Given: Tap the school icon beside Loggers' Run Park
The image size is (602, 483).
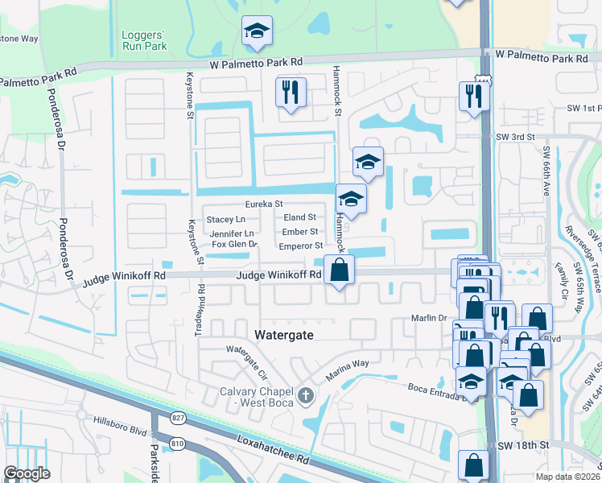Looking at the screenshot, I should pos(257,31).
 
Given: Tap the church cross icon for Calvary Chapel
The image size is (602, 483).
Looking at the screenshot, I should pos(304,394).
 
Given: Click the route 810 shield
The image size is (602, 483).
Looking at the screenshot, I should pos(178,441).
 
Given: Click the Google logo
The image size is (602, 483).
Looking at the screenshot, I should pos(27,473).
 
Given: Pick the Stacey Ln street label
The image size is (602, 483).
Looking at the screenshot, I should pos(225,219).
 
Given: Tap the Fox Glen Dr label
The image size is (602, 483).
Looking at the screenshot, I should pos(233,244).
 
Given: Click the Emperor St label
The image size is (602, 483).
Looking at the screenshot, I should pos(301,246).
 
